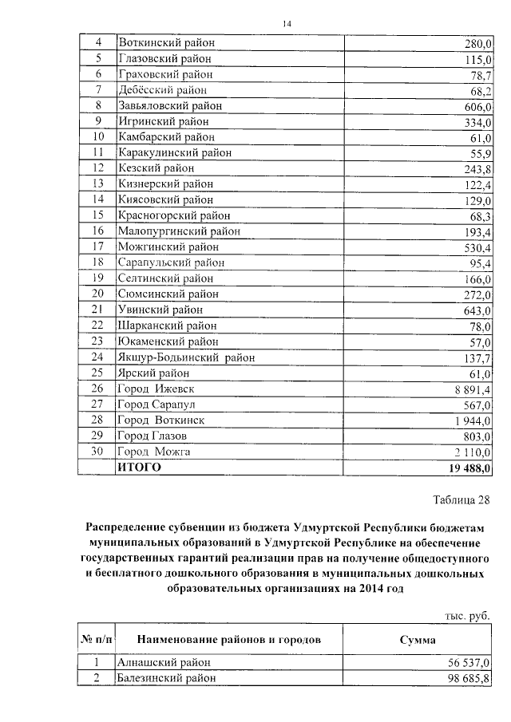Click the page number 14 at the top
[x=287, y=25]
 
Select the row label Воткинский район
[x=166, y=43]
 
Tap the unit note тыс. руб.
[x=467, y=615]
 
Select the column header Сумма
[x=418, y=640]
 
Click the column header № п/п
[x=97, y=640]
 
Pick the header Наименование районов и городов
[x=229, y=640]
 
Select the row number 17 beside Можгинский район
[x=98, y=247]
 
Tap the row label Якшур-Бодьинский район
[x=186, y=358]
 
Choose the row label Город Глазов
[x=152, y=436]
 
